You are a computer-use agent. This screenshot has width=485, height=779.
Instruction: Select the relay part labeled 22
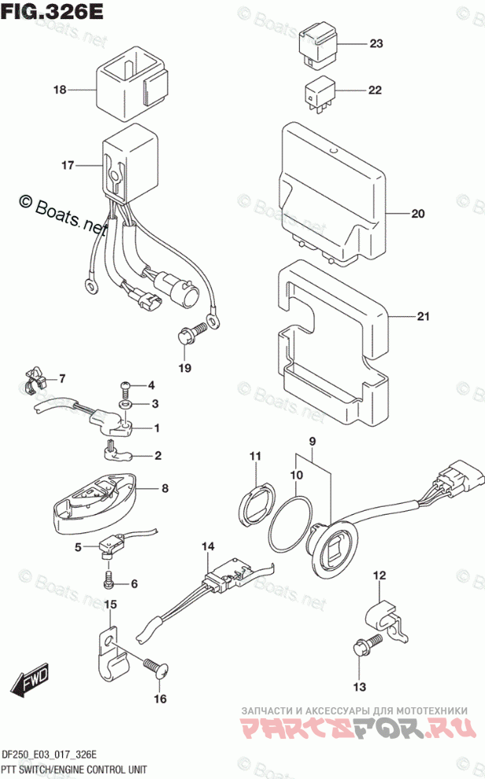tap(318, 93)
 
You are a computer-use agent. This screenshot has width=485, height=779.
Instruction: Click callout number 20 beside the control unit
tap(417, 214)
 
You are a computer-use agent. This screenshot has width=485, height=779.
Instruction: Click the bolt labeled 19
tap(187, 337)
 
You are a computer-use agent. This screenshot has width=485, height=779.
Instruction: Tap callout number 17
tap(68, 166)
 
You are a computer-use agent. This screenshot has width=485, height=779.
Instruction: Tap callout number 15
tap(111, 605)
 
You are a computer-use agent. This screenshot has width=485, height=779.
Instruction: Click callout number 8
tap(165, 489)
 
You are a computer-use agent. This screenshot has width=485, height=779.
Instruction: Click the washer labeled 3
tap(125, 404)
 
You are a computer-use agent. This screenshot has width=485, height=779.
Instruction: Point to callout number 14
tap(207, 546)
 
